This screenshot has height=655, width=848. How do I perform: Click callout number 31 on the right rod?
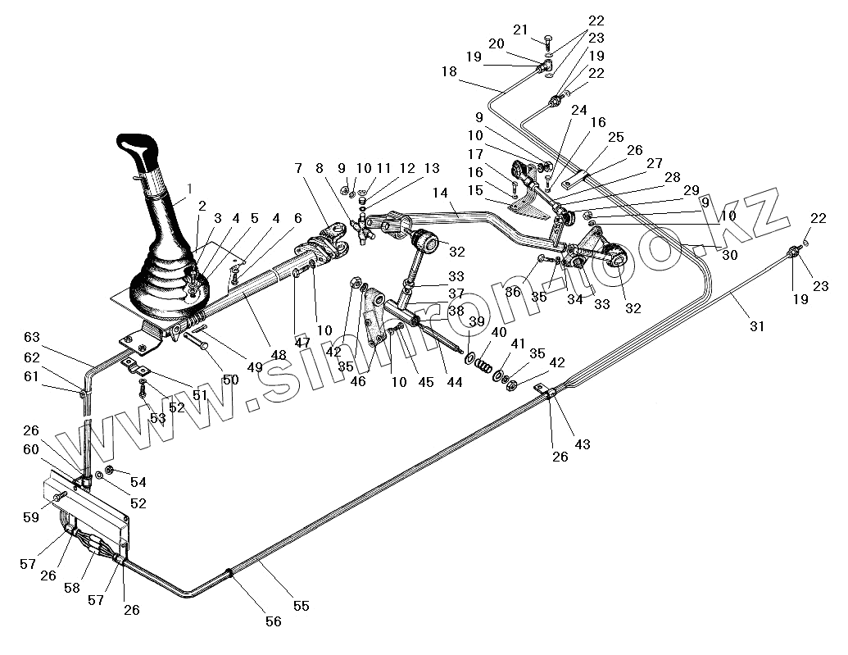(x=756, y=325)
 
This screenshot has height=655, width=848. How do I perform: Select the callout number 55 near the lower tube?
(x=301, y=606)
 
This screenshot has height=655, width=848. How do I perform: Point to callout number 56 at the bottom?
(x=273, y=621)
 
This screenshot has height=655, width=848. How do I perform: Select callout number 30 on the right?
(x=729, y=255)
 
